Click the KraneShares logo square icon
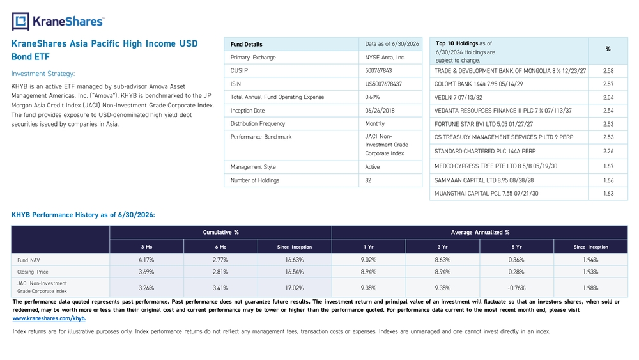point(20,21)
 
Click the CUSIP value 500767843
point(378,70)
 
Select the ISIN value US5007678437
point(383,84)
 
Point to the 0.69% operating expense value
point(372,97)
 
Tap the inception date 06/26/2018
point(380,111)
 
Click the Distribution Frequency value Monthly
point(374,123)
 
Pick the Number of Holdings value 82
point(368,180)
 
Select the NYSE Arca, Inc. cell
point(385,58)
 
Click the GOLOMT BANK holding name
point(479,84)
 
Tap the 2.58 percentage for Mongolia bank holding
point(608,71)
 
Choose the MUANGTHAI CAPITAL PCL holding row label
point(486,194)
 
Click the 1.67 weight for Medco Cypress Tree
point(608,166)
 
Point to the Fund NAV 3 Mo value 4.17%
point(146,260)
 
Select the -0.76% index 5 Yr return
point(516,288)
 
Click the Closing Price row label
point(33,272)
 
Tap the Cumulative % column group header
point(221,232)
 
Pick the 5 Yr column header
point(516,247)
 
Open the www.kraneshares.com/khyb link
point(49,318)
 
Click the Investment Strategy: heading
point(43,74)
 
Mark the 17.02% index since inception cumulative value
point(294,288)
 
